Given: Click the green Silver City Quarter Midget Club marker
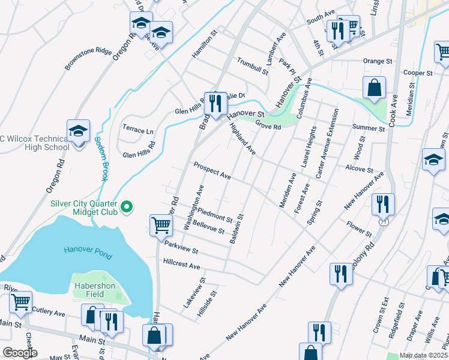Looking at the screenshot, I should [x=126, y=208].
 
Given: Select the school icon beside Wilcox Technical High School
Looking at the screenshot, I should [x=78, y=132].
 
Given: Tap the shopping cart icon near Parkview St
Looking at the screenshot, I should [x=161, y=226].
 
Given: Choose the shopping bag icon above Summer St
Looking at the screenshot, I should [x=374, y=88].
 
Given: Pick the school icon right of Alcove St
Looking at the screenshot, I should [x=433, y=160].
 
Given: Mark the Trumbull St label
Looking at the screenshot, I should [x=252, y=66].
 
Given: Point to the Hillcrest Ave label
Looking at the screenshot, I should [x=181, y=264].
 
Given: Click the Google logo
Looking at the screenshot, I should [x=20, y=353].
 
